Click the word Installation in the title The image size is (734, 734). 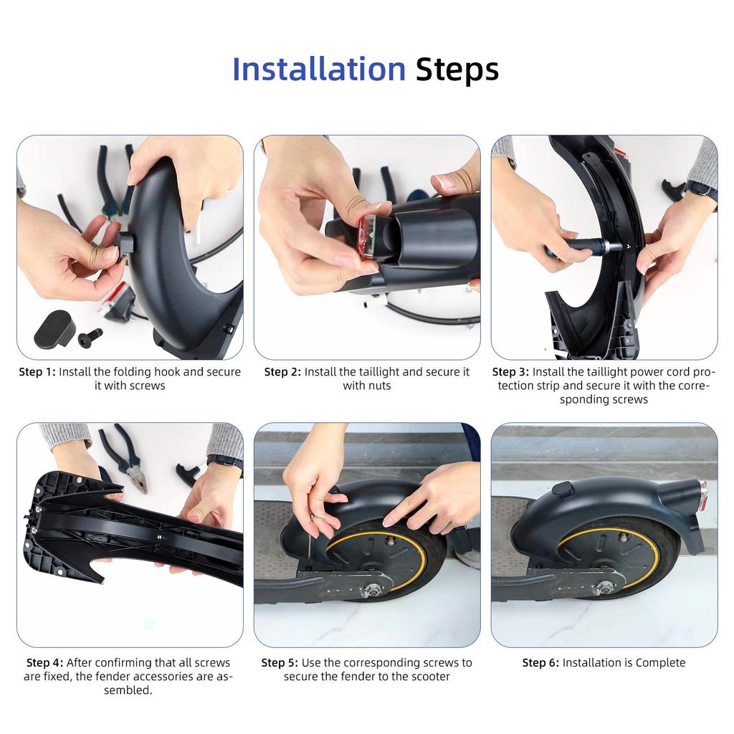tap(319, 69)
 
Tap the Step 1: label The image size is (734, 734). tap(37, 372)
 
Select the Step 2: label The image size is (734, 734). tap(282, 372)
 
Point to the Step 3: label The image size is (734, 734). tap(510, 372)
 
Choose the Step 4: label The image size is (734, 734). tap(44, 662)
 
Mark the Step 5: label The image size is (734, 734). tap(280, 662)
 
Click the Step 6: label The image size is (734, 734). tap(540, 662)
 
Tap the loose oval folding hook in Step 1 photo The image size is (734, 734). tap(52, 328)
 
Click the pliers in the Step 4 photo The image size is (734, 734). tap(126, 459)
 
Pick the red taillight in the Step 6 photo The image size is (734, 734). tap(702, 496)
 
